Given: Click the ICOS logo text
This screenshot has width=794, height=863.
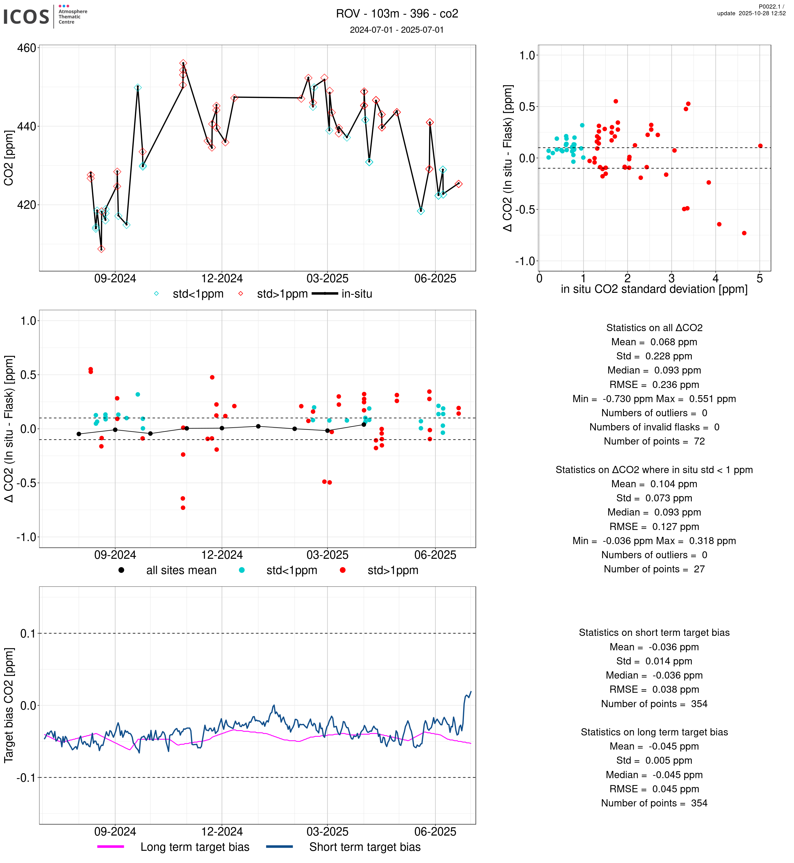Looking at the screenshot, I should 26,17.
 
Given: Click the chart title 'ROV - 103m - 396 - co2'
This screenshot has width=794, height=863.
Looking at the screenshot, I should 397,14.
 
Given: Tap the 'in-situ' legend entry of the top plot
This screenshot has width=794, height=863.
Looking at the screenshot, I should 356,294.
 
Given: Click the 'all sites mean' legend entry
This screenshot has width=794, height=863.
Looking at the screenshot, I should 181,571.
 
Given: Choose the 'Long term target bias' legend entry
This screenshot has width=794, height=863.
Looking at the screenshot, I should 195,847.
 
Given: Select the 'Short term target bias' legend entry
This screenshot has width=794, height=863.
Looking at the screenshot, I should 365,847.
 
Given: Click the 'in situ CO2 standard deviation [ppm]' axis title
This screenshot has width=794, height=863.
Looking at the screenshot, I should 654,290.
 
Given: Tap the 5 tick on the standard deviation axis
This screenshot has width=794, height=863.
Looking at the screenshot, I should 760,279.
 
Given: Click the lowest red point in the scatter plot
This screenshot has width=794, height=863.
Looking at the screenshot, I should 744,233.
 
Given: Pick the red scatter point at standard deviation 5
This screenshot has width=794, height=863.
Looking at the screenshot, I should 760,146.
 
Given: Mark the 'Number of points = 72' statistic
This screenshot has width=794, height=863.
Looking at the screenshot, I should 654,441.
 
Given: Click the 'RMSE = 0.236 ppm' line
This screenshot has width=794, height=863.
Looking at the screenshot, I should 654,385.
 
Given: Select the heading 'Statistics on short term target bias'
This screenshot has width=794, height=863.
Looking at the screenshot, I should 654,633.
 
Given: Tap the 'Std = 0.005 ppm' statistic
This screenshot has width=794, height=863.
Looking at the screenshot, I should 654,760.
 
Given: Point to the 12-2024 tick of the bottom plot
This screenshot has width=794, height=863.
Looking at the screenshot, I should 222,832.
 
